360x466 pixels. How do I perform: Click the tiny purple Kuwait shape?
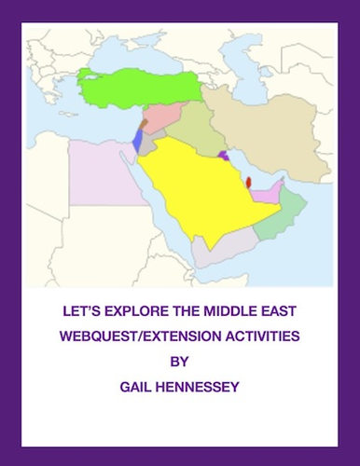click(x=222, y=155)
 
